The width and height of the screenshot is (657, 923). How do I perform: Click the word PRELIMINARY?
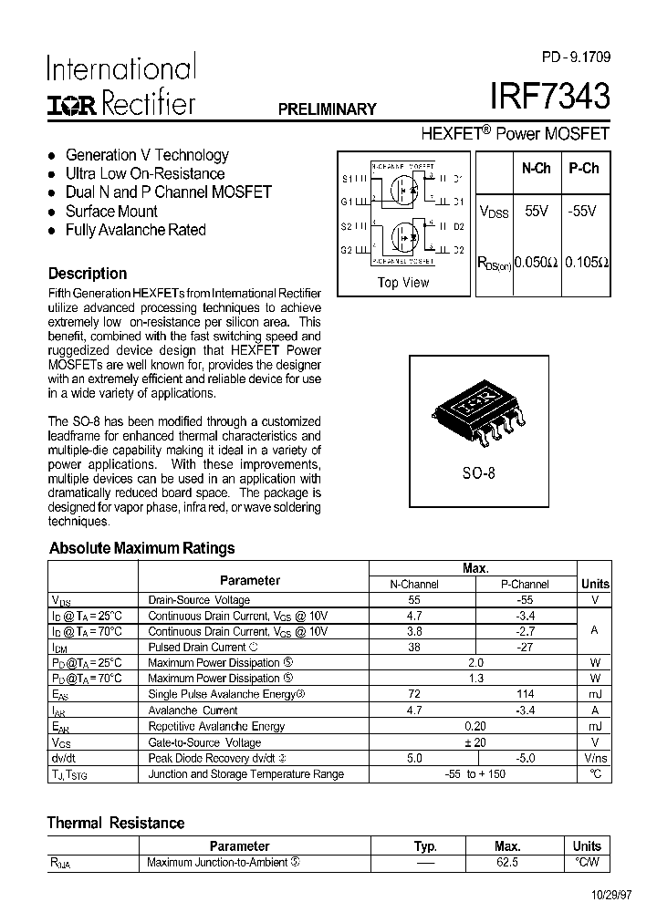[327, 109]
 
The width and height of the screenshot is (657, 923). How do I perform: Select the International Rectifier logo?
[120, 88]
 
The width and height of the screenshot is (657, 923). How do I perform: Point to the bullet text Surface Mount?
[111, 212]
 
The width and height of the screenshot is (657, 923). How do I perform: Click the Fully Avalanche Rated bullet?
[135, 230]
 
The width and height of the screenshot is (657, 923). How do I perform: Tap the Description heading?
[88, 274]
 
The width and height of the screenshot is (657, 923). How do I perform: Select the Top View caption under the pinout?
[402, 283]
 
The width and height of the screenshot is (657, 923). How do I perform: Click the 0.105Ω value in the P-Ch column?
[586, 262]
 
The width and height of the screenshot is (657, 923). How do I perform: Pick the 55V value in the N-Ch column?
[536, 211]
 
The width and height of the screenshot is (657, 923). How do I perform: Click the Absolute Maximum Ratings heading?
[141, 548]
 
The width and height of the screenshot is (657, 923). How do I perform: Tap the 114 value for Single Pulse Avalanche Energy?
[525, 695]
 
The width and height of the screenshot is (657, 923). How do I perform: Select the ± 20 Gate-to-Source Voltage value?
[474, 742]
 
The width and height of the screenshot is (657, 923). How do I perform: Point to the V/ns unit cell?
[595, 758]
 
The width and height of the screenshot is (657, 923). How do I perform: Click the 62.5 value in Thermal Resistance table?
[507, 862]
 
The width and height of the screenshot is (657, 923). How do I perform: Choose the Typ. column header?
[425, 846]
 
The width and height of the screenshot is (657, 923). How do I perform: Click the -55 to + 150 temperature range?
[474, 774]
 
